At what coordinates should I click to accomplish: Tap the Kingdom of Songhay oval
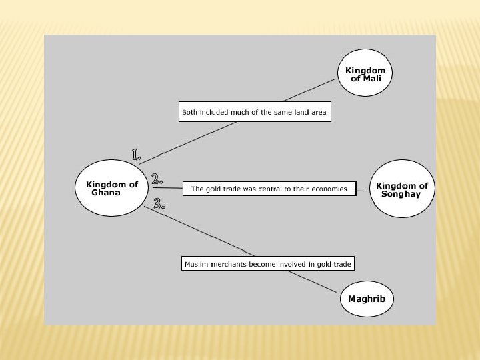pyautogui.click(x=402, y=189)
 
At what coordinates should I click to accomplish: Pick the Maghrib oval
pyautogui.click(x=367, y=299)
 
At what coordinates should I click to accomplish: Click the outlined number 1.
pyautogui.click(x=136, y=155)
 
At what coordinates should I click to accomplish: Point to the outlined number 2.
pyautogui.click(x=157, y=179)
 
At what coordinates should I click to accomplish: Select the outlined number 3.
pyautogui.click(x=159, y=204)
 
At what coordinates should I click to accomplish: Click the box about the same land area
pyautogui.click(x=255, y=113)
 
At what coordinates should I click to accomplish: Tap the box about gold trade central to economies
pyautogui.click(x=269, y=189)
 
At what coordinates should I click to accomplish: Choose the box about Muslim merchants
pyautogui.click(x=267, y=264)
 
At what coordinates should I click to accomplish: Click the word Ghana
pyautogui.click(x=107, y=193)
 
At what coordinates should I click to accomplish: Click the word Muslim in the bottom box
pyautogui.click(x=195, y=264)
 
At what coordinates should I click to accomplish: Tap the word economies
pyautogui.click(x=330, y=189)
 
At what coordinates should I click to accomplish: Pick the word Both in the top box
pyautogui.click(x=190, y=113)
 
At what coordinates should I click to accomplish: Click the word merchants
pyautogui.click(x=229, y=264)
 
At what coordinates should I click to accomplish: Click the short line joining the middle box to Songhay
pyautogui.click(x=363, y=190)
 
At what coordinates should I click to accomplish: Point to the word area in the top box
pyautogui.click(x=319, y=113)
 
